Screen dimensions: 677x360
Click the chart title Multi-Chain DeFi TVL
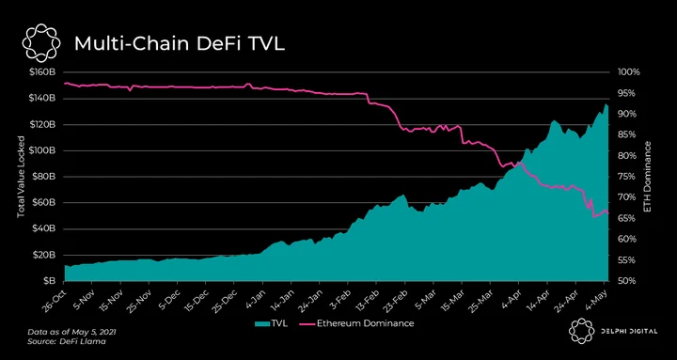coord(180,44)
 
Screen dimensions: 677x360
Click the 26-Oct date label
coord(53,299)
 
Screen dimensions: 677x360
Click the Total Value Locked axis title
coord(21,177)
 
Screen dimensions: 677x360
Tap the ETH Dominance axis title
coord(647,177)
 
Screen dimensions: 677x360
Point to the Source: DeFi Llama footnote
coord(67,341)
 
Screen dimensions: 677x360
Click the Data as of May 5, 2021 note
coord(71,333)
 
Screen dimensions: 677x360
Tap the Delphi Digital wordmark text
coord(628,332)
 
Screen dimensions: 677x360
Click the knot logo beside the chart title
coord(39,42)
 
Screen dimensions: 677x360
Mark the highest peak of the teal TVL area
coord(606,104)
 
